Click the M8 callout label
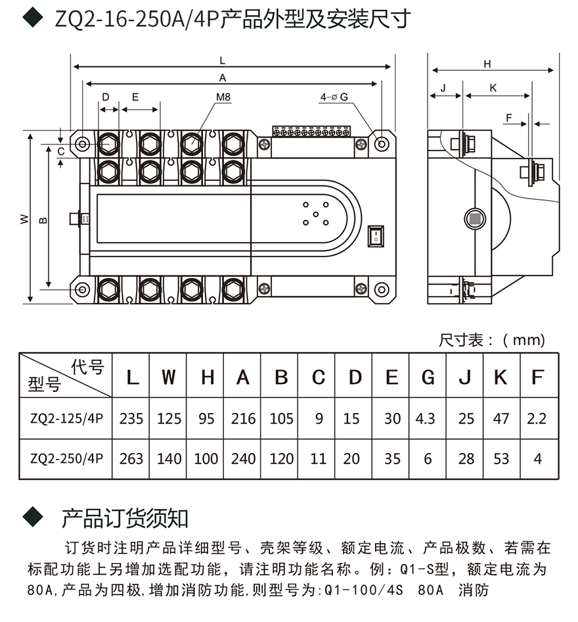pyautogui.click(x=223, y=97)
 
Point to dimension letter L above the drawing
pyautogui.click(x=223, y=60)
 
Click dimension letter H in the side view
pyautogui.click(x=487, y=64)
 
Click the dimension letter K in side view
pyautogui.click(x=493, y=88)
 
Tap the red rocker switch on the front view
pyautogui.click(x=375, y=235)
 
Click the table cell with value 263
pyautogui.click(x=131, y=458)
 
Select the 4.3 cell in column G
pyautogui.click(x=427, y=418)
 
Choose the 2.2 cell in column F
pyautogui.click(x=537, y=418)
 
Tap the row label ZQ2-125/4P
pyautogui.click(x=66, y=419)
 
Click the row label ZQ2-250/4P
pyautogui.click(x=66, y=459)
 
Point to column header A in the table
pyautogui.click(x=243, y=378)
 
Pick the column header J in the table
pyautogui.click(x=465, y=378)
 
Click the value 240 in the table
pyautogui.click(x=243, y=458)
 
